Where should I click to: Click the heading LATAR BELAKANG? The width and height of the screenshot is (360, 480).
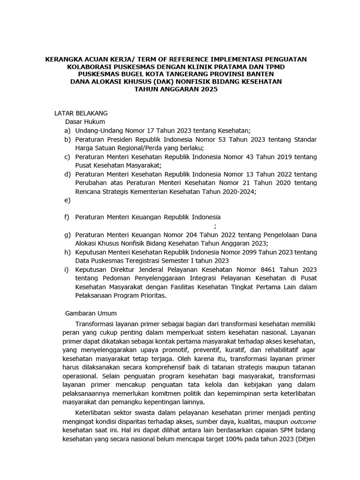click(81, 113)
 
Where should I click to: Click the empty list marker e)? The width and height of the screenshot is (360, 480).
click(68, 200)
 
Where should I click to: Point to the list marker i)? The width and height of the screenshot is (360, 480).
click(67, 270)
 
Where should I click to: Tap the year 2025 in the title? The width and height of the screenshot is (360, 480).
click(209, 90)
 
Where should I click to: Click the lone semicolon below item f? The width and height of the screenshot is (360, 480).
click(215, 226)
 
